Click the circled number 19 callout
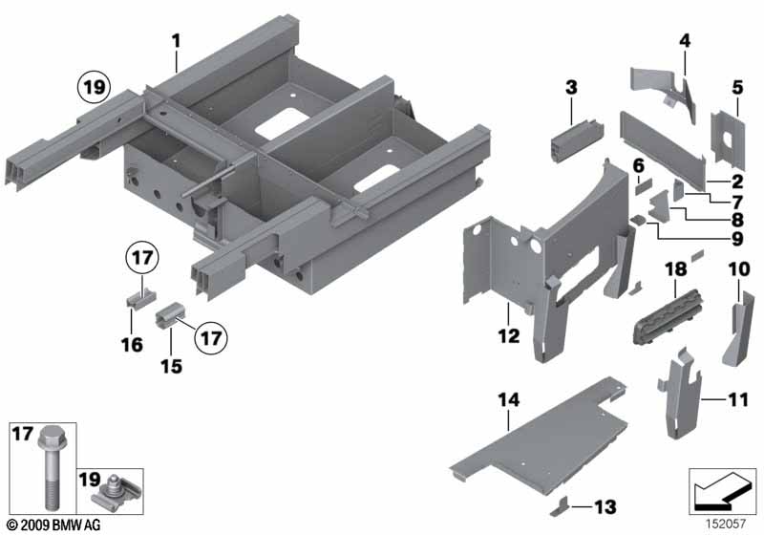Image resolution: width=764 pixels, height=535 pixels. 95,87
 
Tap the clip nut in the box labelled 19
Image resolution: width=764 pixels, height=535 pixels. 116,493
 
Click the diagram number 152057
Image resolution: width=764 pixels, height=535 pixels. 726,524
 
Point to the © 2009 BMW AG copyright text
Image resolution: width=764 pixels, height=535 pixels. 54,524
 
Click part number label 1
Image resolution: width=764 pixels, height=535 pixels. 176,41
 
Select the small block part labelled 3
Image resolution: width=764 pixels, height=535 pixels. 578,137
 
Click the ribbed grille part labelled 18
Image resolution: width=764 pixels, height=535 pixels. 668,317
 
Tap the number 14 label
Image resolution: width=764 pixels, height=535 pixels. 508,400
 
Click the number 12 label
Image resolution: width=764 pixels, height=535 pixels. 509,335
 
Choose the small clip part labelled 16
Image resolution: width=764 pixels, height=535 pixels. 138,298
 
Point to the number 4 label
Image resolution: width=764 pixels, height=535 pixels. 685,40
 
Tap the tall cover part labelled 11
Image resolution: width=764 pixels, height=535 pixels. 680,394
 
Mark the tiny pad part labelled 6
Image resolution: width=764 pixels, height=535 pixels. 643,187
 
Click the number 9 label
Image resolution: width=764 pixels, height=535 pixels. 737,239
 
